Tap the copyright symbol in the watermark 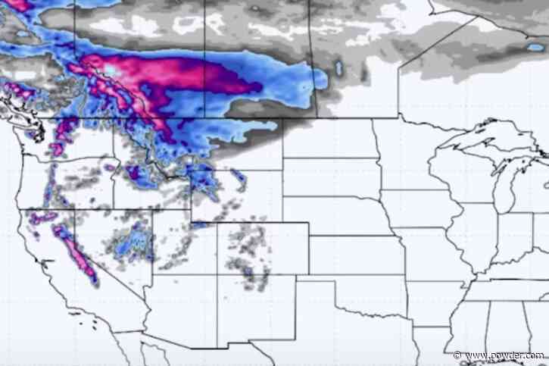click(457, 355)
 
